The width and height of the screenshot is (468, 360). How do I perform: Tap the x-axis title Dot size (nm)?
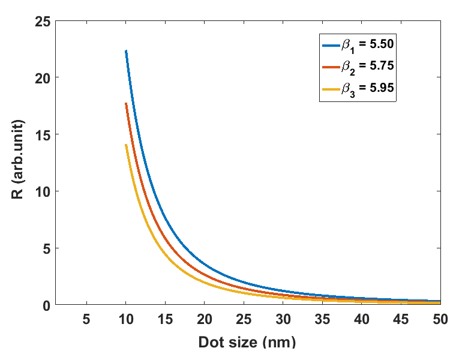pos(247,343)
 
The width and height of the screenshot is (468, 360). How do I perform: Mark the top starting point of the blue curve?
pos(126,51)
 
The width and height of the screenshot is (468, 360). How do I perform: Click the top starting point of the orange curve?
pos(126,103)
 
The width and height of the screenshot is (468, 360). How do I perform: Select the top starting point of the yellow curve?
pos(126,145)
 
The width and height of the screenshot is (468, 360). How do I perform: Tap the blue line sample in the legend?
pos(331,45)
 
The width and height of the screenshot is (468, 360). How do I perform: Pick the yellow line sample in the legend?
pos(331,89)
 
